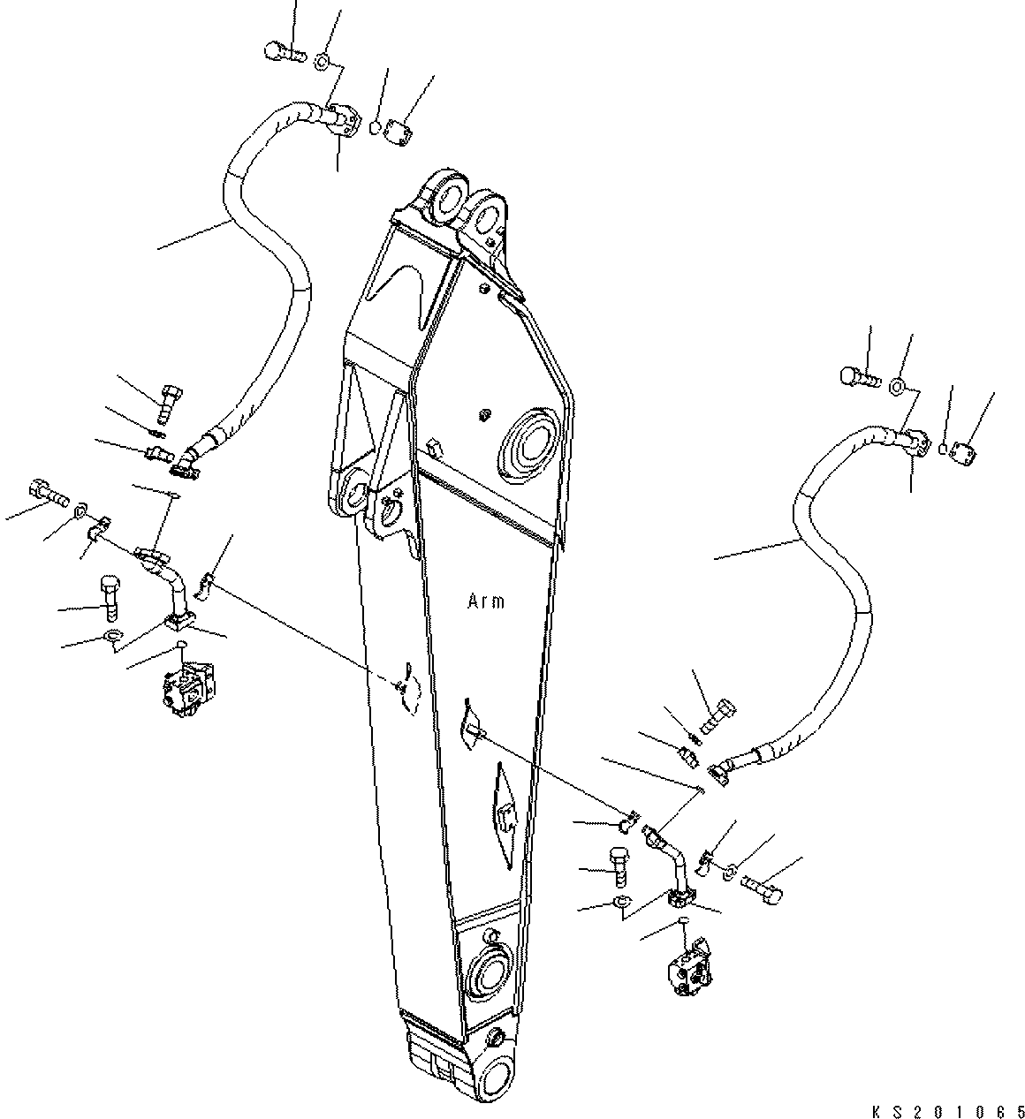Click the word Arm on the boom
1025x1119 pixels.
point(485,601)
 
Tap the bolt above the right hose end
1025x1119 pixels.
point(857,377)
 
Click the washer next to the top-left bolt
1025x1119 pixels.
point(323,61)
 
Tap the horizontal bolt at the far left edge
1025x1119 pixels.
point(49,491)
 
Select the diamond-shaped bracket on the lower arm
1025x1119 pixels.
point(505,814)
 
